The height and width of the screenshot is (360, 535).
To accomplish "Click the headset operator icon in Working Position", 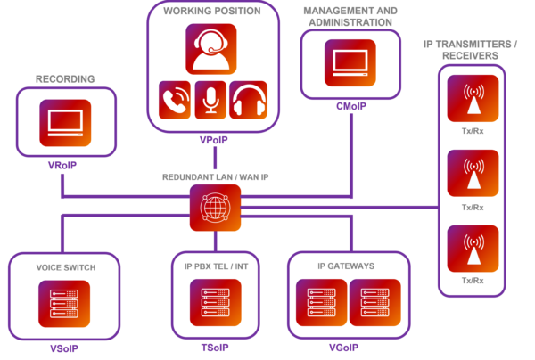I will (x=211, y=48).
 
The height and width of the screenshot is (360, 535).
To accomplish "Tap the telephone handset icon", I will (x=174, y=100).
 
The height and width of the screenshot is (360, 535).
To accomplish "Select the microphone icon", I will (x=210, y=100).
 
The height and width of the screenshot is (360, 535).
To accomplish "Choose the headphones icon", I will (x=248, y=100).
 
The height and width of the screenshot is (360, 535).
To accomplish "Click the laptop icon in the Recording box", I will (x=65, y=123).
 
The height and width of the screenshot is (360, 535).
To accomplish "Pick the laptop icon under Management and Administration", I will (x=350, y=62).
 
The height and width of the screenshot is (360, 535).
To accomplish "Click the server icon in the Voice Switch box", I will (x=63, y=303).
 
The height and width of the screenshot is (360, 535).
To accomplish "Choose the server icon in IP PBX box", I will (x=215, y=303).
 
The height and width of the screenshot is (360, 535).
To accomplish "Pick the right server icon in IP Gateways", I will (x=369, y=303).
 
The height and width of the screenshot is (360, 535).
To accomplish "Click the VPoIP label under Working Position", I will (x=212, y=142).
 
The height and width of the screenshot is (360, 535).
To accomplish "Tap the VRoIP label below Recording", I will (x=63, y=167).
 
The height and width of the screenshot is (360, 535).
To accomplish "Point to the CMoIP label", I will (x=350, y=105).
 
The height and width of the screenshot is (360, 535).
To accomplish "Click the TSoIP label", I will (x=215, y=348).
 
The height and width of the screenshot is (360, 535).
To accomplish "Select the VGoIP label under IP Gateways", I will (x=343, y=348).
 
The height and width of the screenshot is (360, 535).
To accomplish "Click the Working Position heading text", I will (x=211, y=11).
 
